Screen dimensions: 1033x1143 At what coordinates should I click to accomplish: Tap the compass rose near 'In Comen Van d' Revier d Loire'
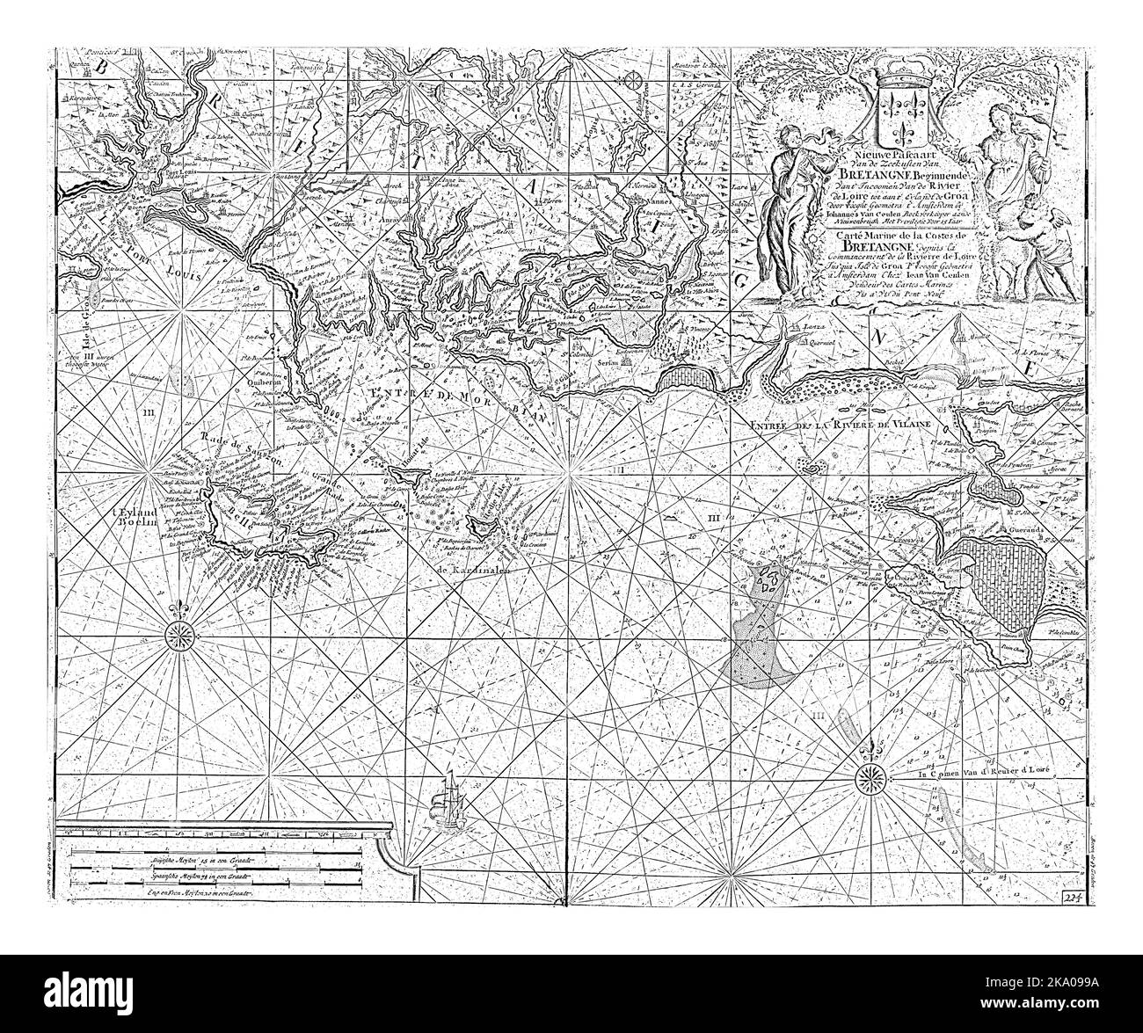870,774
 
